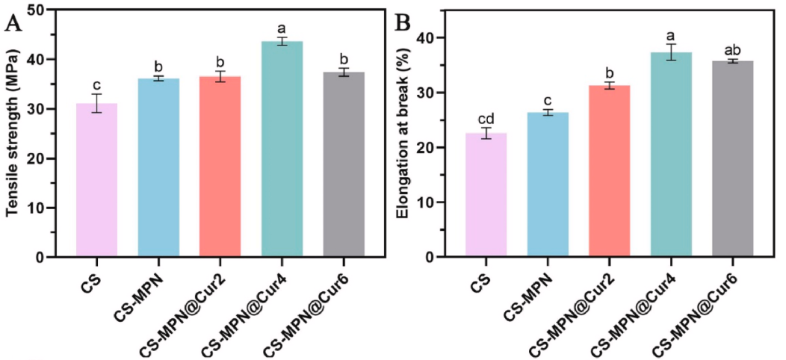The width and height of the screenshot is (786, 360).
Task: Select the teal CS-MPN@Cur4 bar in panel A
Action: tap(282, 149)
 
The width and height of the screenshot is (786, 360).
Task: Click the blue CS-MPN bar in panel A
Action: tap(158, 167)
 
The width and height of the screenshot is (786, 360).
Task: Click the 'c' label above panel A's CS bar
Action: tap(97, 84)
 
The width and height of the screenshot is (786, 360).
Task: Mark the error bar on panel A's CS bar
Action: tap(97, 103)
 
